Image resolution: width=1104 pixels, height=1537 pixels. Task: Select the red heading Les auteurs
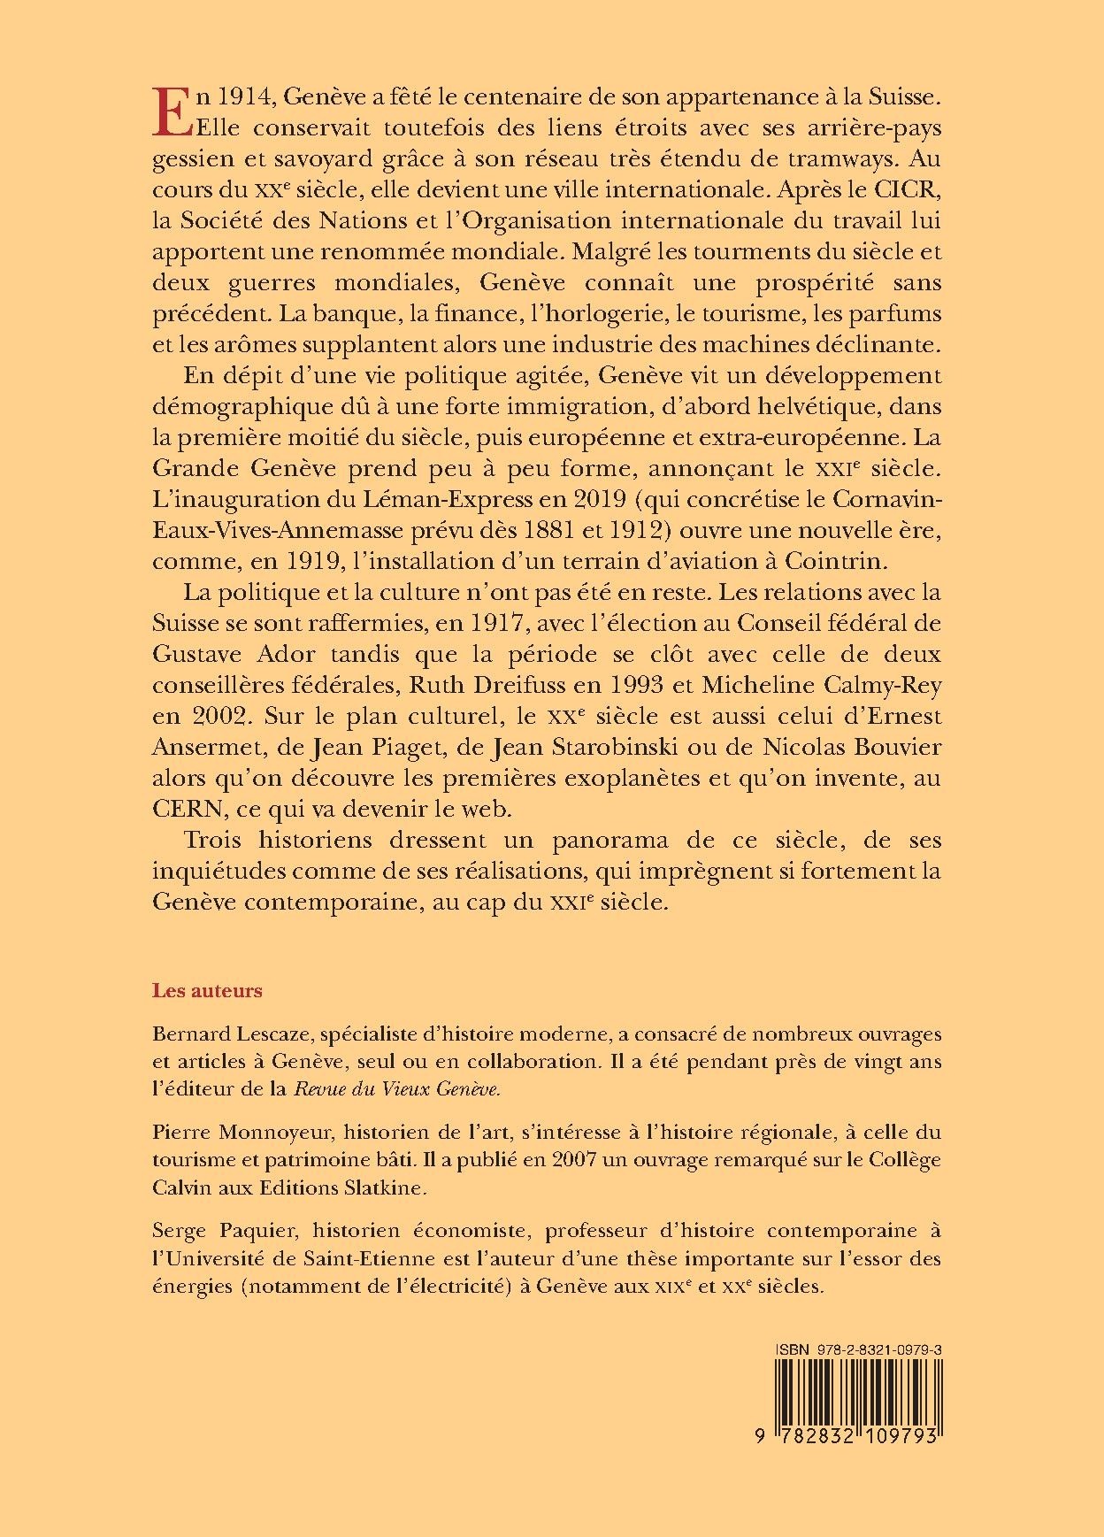pos(208,990)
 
